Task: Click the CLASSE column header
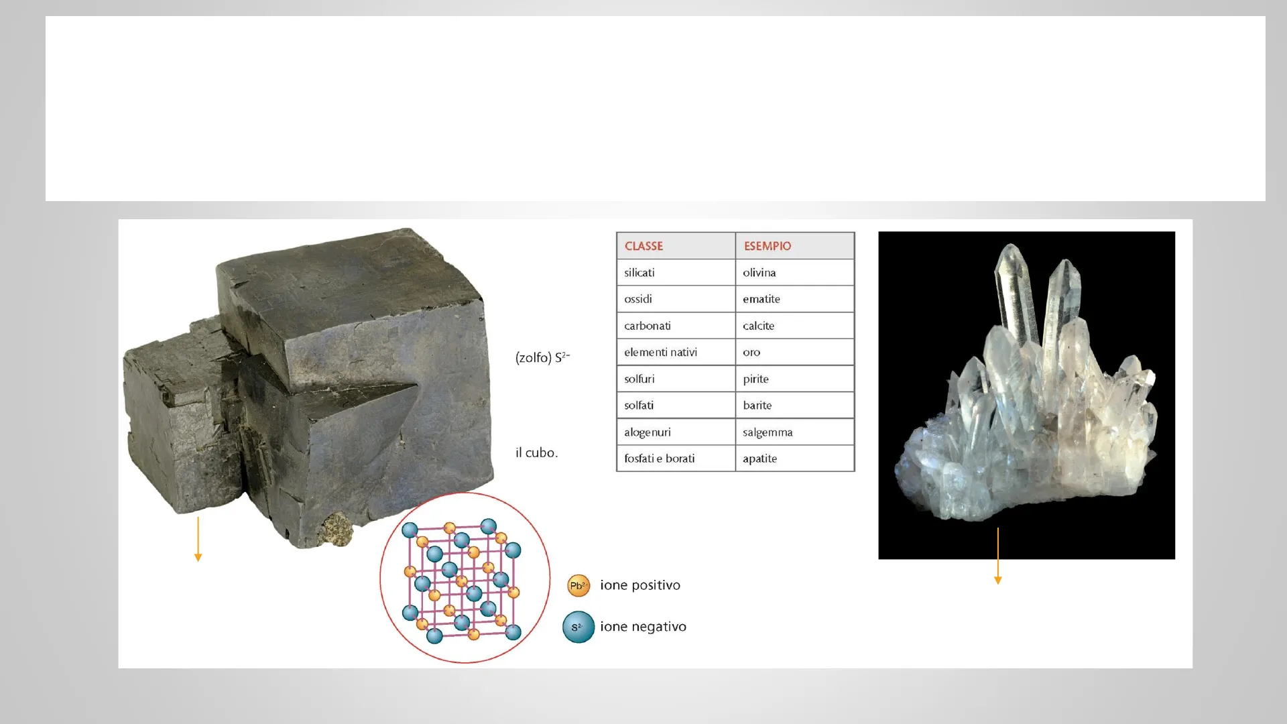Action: pos(676,246)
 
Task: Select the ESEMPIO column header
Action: pos(795,246)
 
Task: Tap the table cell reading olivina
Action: pos(795,273)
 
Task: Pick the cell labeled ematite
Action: pos(795,299)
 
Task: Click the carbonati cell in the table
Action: pos(676,326)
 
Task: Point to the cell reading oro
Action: pos(795,352)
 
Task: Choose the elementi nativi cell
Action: pos(676,352)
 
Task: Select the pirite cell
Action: pos(795,379)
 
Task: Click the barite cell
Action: pos(795,406)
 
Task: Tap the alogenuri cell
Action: pos(676,432)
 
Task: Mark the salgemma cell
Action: pos(795,432)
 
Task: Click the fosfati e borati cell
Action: pos(676,459)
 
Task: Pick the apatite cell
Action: pos(795,459)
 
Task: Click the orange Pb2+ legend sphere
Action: pos(578,586)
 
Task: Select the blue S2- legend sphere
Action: pos(578,627)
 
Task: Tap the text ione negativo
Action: pos(643,627)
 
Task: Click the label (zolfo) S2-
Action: pos(542,357)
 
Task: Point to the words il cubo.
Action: pos(536,452)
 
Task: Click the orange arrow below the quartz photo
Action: pos(998,556)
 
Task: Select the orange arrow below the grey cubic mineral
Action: pos(198,539)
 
